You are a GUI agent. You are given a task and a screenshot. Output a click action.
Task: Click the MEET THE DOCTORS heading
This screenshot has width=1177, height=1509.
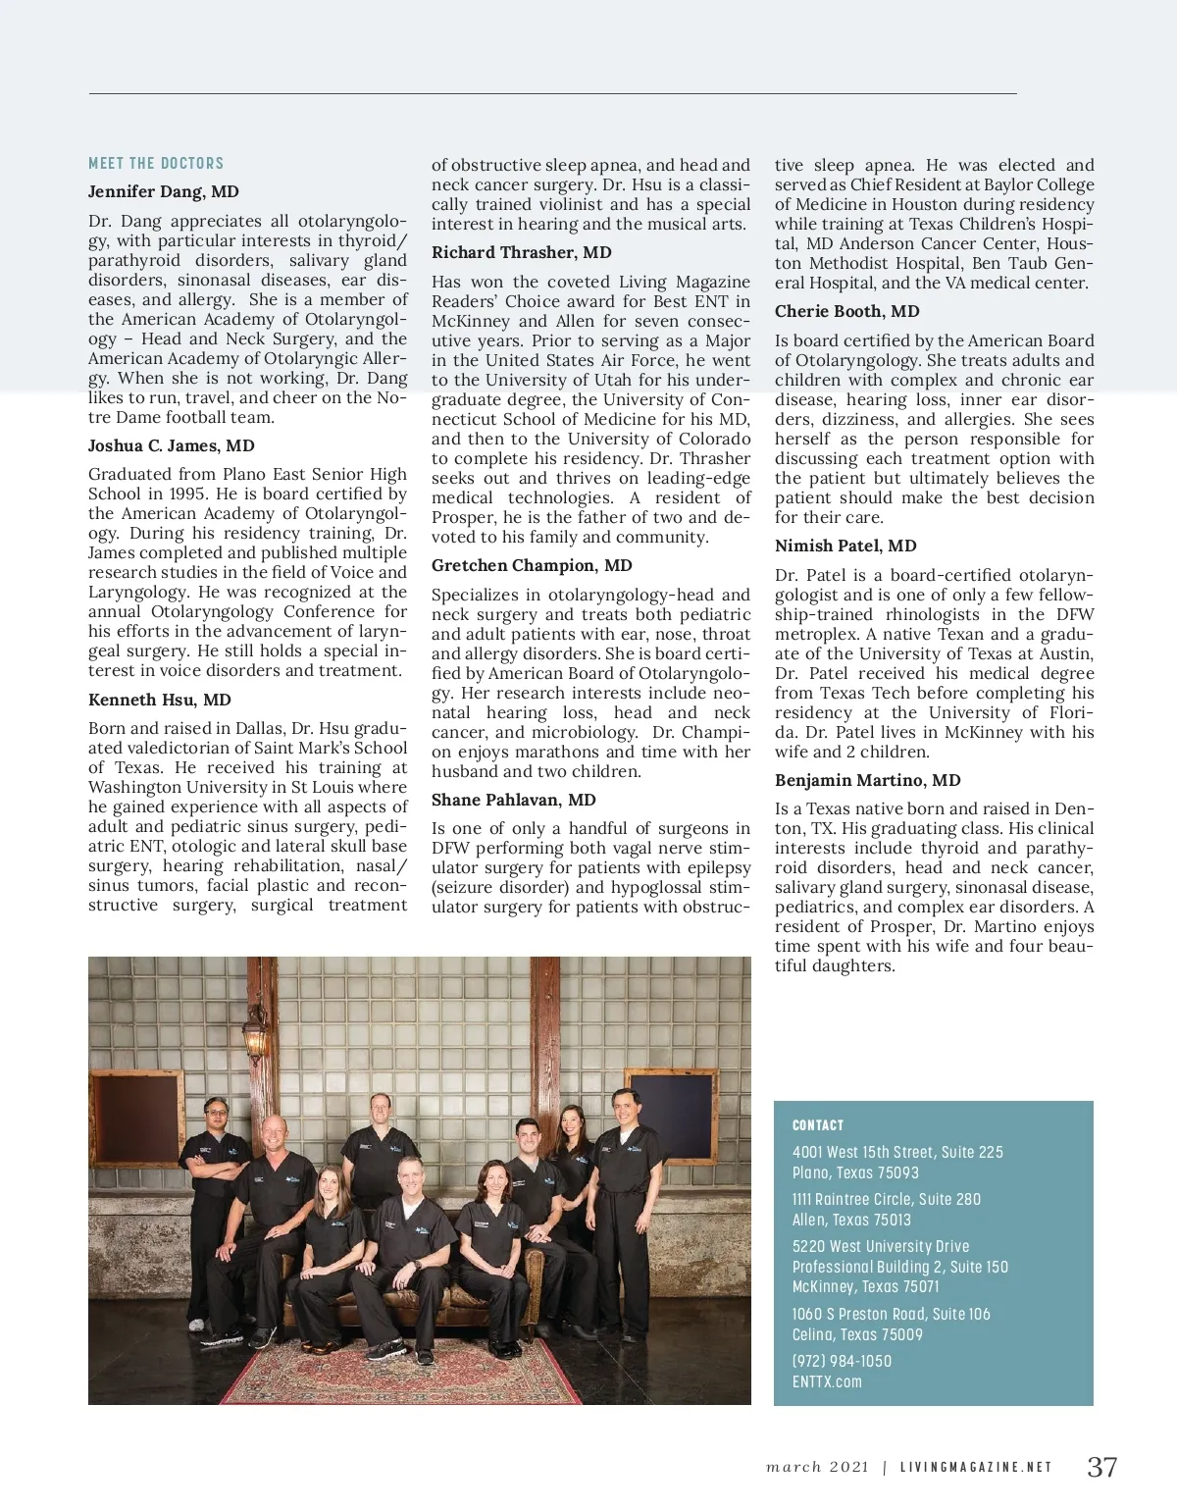click(156, 164)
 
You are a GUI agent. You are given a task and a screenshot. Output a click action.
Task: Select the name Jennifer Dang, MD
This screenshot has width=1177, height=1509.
click(164, 191)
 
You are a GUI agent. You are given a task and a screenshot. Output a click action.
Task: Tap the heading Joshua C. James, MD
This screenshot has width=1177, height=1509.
click(172, 445)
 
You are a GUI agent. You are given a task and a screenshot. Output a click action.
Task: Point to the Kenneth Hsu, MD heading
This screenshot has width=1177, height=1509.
click(160, 700)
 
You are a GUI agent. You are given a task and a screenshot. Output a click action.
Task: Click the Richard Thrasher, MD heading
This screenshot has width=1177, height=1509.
click(522, 252)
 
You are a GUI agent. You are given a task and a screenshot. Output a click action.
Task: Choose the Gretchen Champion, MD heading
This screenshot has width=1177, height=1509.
click(532, 565)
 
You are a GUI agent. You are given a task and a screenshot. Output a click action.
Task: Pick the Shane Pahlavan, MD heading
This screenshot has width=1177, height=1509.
click(514, 800)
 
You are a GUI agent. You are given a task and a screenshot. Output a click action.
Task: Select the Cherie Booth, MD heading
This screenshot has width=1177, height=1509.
click(847, 311)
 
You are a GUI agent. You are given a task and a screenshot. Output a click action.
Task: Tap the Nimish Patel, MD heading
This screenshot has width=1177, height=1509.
click(845, 546)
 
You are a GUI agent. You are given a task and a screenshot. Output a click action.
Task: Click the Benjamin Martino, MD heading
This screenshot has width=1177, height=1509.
click(868, 780)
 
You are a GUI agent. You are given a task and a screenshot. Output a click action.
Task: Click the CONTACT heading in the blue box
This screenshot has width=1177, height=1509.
click(818, 1125)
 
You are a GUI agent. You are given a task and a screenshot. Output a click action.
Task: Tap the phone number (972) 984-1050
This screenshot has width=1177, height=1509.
click(843, 1361)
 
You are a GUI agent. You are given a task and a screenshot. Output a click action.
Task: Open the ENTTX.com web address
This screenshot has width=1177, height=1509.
click(827, 1381)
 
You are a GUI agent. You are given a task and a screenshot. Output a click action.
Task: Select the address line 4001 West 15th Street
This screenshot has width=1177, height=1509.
click(897, 1152)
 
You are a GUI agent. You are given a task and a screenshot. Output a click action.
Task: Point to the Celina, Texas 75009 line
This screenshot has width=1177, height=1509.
click(857, 1334)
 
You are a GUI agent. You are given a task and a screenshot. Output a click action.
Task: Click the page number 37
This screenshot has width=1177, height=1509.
click(1102, 1467)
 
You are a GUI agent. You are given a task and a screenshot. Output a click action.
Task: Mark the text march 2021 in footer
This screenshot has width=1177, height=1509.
click(818, 1468)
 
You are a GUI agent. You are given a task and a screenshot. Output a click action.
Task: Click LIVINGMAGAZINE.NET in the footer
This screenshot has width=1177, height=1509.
click(976, 1468)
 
